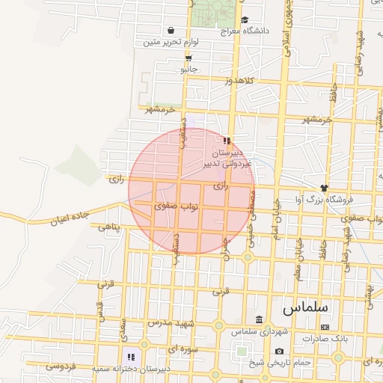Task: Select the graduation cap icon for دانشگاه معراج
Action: pyautogui.click(x=245, y=20)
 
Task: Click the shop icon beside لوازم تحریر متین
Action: pyautogui.click(x=172, y=31)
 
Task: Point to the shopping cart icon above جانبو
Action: pyautogui.click(x=188, y=57)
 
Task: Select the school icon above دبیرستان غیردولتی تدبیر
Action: pyautogui.click(x=227, y=141)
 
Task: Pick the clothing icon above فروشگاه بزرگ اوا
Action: pyautogui.click(x=324, y=187)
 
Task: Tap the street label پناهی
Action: pyautogui.click(x=108, y=226)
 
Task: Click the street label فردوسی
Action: pyautogui.click(x=59, y=367)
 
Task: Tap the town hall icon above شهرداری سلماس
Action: pyautogui.click(x=259, y=319)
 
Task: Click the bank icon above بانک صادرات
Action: pyautogui.click(x=325, y=327)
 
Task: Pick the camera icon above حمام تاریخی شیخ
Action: pyautogui.click(x=279, y=352)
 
